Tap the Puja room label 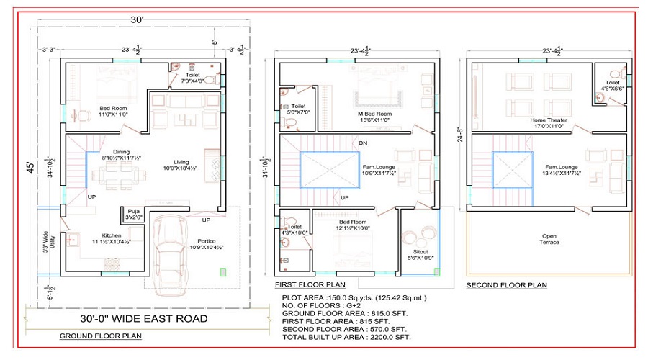tap(135, 213)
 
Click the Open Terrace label tap(551, 238)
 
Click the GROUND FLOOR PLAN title tap(100, 336)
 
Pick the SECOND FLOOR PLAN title tap(506, 285)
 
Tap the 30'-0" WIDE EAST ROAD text tap(143, 318)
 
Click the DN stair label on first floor tap(364, 143)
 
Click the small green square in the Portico tap(223, 272)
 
